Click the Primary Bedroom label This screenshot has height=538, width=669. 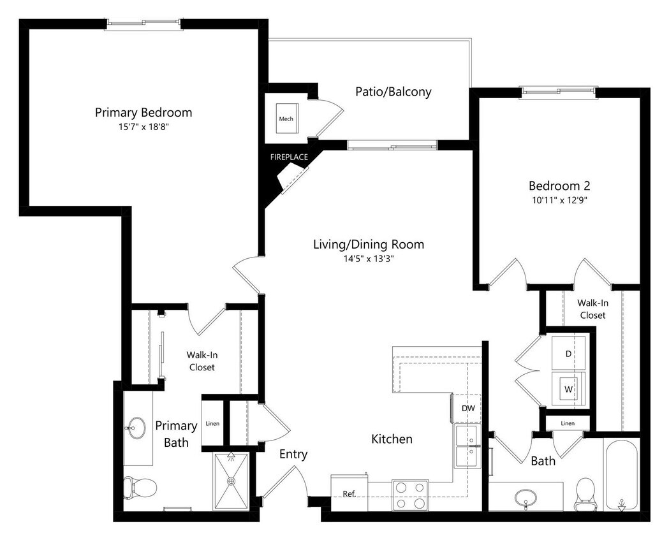point(143,113)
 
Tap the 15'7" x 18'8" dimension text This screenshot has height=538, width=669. point(143,127)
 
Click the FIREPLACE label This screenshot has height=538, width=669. point(288,157)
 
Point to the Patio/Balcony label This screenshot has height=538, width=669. point(393,92)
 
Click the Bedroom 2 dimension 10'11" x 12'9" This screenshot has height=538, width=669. point(559,200)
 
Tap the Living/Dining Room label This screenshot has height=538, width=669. point(368,245)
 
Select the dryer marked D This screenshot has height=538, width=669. point(569,353)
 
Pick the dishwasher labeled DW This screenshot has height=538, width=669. point(467,408)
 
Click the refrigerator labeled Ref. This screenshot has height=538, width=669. point(349,493)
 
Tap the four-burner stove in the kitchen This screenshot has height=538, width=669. point(410,495)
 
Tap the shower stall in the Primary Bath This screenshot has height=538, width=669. point(232,481)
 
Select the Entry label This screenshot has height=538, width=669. point(293,454)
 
